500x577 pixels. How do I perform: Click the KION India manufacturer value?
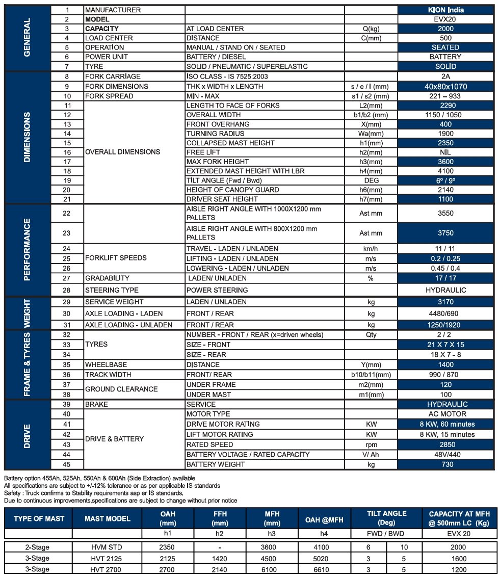[445, 10]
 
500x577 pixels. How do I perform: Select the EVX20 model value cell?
[445, 19]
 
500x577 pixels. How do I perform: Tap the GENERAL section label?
[27, 38]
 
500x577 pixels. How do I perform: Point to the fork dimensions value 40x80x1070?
[445, 87]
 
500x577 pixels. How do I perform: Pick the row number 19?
[67, 180]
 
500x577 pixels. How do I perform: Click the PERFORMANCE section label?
[27, 250]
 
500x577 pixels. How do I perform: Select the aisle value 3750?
[445, 233]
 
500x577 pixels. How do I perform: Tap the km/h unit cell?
[371, 249]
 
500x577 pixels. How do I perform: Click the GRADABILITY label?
[107, 278]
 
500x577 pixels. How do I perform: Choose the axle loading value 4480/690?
[445, 313]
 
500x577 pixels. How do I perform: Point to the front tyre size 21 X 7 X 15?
[445, 345]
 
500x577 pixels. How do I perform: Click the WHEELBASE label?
[106, 365]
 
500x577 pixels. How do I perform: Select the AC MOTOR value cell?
[445, 414]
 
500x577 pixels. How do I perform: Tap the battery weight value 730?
[445, 464]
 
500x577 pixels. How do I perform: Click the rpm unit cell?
[371, 444]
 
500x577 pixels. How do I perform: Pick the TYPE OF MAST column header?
[39, 519]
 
